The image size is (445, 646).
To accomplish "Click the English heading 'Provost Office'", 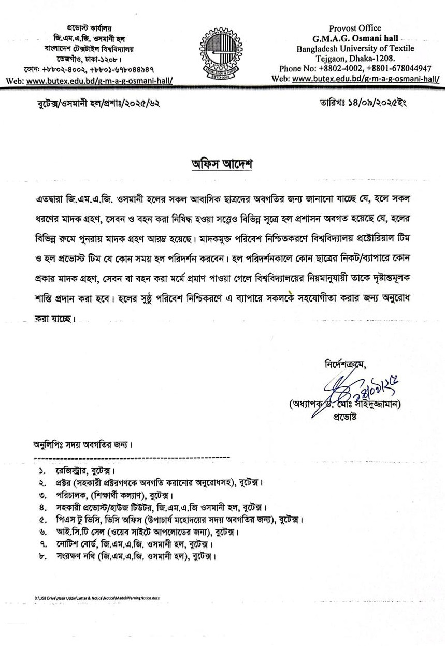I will coord(355,28).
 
